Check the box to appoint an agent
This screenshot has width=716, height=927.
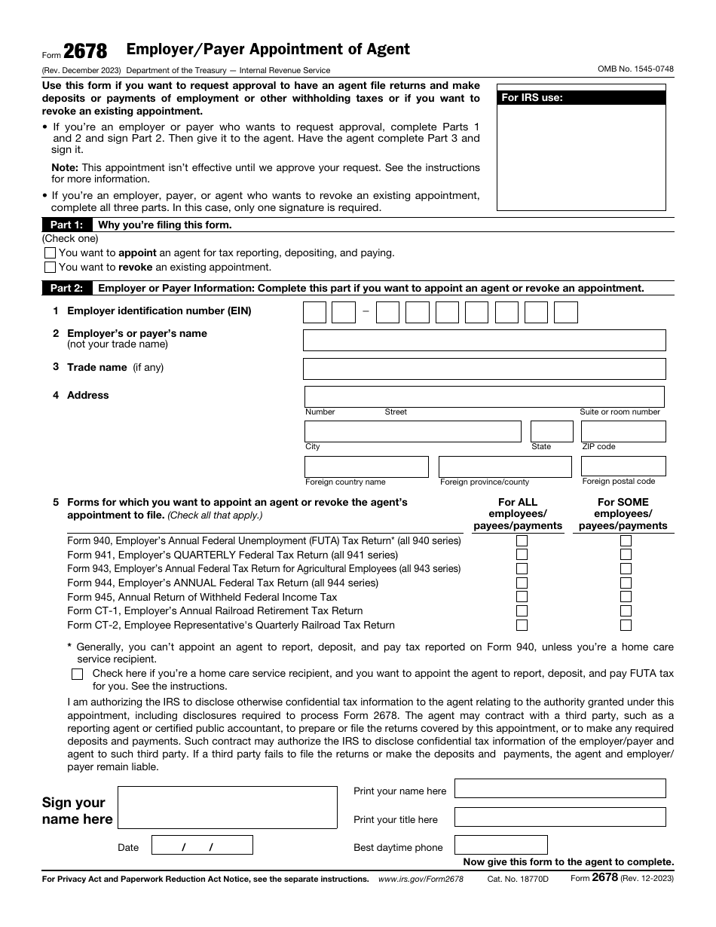[x=50, y=253]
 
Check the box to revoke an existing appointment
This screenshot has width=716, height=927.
[x=50, y=267]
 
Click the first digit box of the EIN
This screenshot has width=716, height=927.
[x=314, y=312]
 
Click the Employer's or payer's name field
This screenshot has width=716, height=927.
[x=484, y=340]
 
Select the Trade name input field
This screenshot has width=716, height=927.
[x=484, y=369]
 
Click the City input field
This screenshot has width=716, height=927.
[x=412, y=432]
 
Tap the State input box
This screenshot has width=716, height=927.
[x=552, y=432]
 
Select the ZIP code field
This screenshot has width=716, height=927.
[x=623, y=432]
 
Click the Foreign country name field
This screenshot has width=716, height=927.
[x=366, y=467]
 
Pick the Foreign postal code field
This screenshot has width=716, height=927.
[x=623, y=467]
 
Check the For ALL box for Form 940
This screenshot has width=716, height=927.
[x=522, y=540]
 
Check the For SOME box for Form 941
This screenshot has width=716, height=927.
[x=626, y=555]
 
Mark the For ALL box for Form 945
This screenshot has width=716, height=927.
[x=522, y=597]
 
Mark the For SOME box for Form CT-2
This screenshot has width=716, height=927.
[x=626, y=625]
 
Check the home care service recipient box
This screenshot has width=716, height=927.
[x=77, y=675]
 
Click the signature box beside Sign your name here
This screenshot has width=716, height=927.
[x=228, y=808]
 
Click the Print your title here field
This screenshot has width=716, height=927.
[x=560, y=818]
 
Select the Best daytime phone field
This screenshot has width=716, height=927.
[x=500, y=846]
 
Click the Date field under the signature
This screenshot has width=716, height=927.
[x=202, y=846]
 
